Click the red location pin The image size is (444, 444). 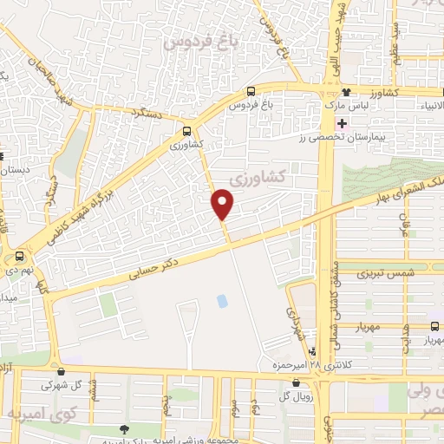(x=223, y=204)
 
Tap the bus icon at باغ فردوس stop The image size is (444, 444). (x=251, y=91)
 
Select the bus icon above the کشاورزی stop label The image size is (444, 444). (x=187, y=131)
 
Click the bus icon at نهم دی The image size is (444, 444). (x=19, y=257)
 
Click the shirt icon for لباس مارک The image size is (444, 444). (x=346, y=91)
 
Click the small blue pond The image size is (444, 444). (x=221, y=301)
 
